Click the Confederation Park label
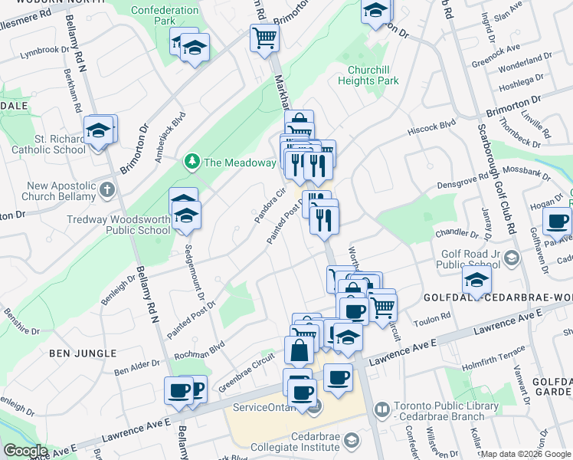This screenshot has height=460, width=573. (164, 16)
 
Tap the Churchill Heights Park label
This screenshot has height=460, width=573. (368, 74)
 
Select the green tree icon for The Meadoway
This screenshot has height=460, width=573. (192, 162)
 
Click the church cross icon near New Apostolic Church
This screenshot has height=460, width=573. (106, 189)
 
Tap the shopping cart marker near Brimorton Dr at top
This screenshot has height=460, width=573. (264, 38)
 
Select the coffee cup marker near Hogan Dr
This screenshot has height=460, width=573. (556, 222)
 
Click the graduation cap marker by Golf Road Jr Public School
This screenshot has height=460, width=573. (476, 281)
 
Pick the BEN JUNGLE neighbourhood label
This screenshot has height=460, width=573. (83, 353)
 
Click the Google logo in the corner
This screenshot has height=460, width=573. (25, 450)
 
